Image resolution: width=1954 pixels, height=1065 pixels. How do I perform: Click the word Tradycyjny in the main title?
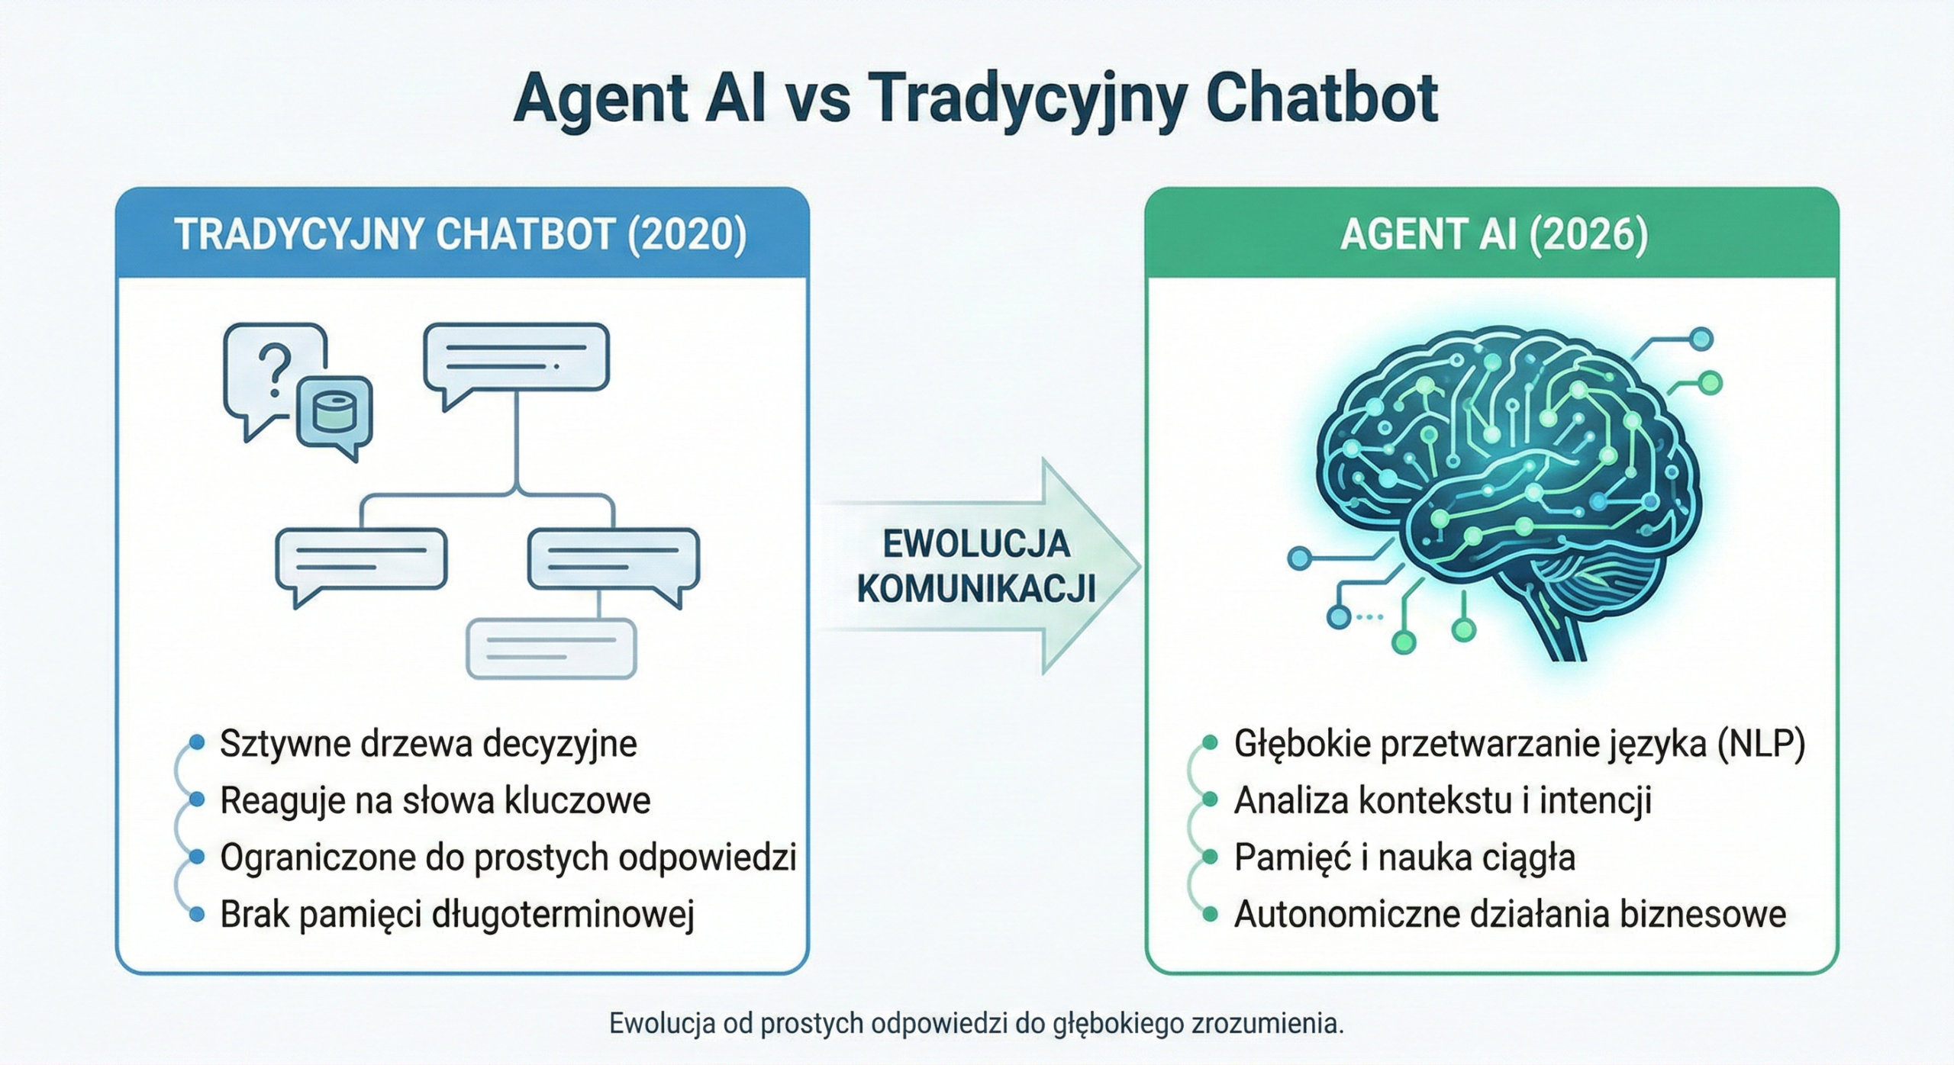pyautogui.click(x=1027, y=100)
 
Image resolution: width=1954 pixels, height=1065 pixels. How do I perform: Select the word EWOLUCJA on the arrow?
pyautogui.click(x=975, y=544)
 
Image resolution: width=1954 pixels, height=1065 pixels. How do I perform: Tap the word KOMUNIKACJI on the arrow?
pyautogui.click(x=975, y=589)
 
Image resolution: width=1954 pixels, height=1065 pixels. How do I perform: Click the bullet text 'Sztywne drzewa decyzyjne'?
pyautogui.click(x=428, y=743)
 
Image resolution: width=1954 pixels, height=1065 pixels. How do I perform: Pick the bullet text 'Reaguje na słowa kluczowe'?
pyautogui.click(x=435, y=800)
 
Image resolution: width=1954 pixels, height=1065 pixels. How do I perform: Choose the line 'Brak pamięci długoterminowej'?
pyautogui.click(x=457, y=915)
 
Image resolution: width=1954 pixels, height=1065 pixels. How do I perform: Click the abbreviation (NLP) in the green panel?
pyautogui.click(x=1761, y=743)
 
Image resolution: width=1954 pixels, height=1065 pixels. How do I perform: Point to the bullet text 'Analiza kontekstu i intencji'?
pyautogui.click(x=1443, y=800)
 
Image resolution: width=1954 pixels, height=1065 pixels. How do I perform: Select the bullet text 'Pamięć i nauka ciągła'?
pyautogui.click(x=1404, y=857)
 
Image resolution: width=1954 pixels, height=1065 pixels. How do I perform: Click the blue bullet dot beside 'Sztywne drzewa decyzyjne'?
pyautogui.click(x=197, y=742)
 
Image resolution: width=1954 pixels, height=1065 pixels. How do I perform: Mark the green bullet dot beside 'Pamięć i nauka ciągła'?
pyautogui.click(x=1210, y=857)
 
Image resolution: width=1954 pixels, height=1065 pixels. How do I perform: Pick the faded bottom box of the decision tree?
pyautogui.click(x=551, y=648)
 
